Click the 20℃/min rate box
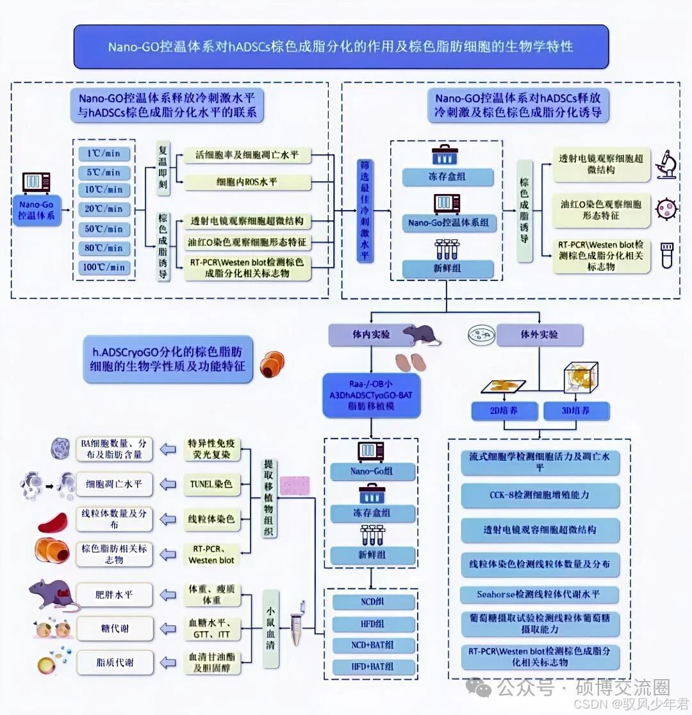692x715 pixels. pos(104,209)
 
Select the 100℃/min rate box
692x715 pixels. pos(104,267)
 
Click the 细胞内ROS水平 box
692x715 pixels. pos(247,182)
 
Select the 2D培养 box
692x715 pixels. pos(504,411)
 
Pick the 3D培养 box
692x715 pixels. pos(576,411)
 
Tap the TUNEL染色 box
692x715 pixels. pos(210,485)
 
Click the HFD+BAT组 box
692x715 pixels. pos(372,666)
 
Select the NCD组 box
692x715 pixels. pos(372,602)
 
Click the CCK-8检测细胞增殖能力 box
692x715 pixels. pos(540,495)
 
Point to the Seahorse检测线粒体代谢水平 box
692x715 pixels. pos(540,594)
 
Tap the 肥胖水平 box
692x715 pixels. pos(115,595)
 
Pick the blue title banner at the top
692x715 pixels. pos(340,47)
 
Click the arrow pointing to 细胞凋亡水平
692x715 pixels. pos(168,485)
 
